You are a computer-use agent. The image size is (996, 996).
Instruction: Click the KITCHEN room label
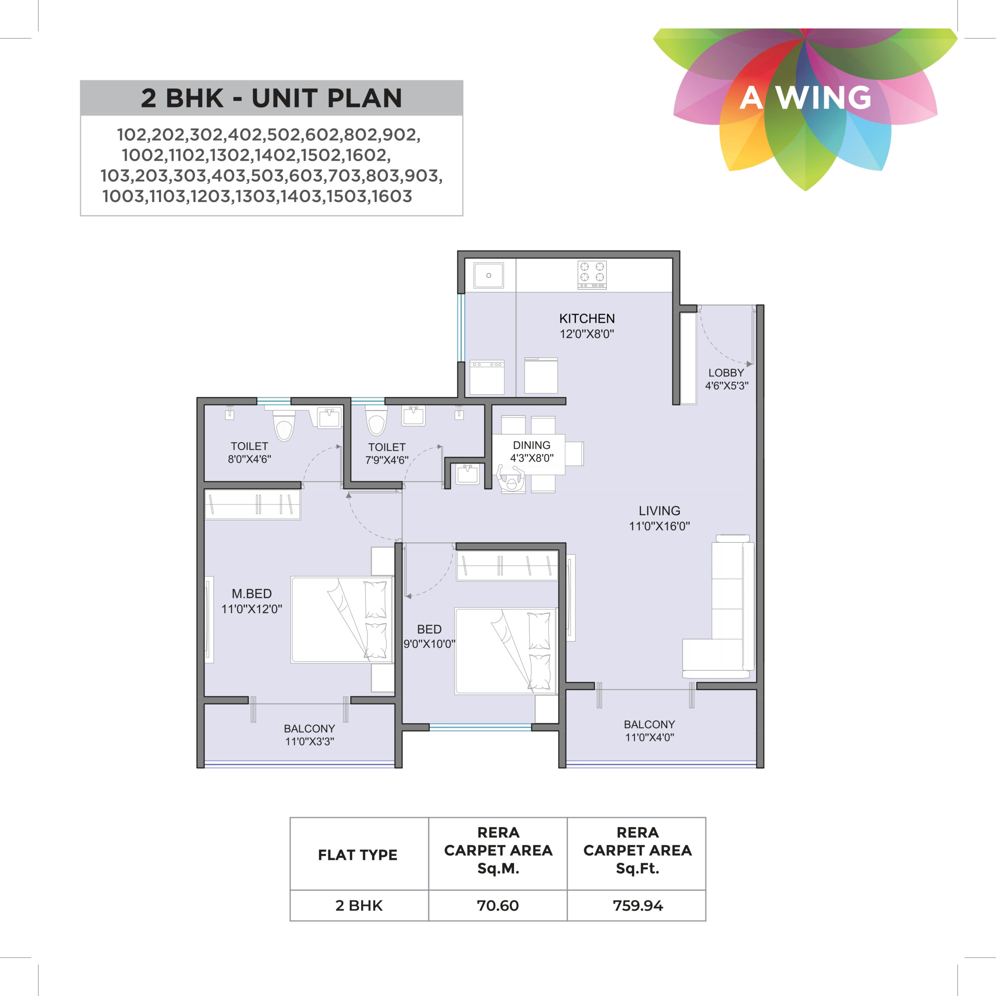587,319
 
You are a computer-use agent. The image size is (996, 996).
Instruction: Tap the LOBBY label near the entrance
726,373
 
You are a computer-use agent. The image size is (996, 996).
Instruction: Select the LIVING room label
659,511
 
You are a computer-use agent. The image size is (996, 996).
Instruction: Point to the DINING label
531,445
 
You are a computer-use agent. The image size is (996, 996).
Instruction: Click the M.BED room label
252,593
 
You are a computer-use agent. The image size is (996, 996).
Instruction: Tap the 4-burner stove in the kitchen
592,274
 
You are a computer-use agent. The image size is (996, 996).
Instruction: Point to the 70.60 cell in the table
498,905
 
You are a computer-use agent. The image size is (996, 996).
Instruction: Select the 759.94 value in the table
638,905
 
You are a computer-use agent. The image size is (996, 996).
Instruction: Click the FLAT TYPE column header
358,855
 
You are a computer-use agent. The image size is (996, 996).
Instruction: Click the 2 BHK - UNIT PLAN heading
271,98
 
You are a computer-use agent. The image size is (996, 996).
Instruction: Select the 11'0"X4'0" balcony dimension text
649,737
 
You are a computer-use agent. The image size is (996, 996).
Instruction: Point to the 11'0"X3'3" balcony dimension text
309,741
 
